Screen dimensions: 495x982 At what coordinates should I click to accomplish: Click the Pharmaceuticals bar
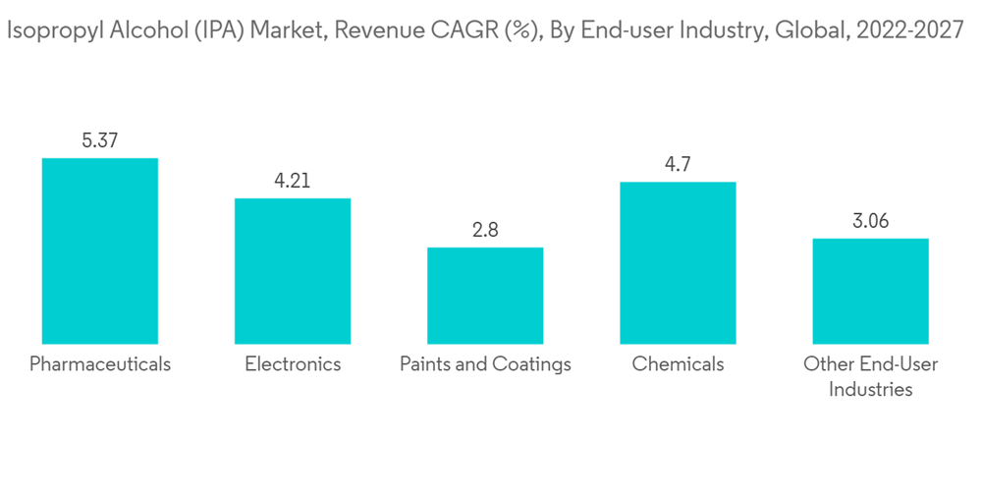click(99, 250)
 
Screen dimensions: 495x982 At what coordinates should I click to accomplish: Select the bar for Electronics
click(292, 271)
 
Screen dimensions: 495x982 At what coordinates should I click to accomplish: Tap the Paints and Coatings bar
click(485, 296)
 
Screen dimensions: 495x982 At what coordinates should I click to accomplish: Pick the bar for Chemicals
click(678, 263)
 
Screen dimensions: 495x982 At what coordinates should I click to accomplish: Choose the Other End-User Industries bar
click(870, 291)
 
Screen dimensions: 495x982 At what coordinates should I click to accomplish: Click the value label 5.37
click(99, 140)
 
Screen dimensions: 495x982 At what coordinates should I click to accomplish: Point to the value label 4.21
click(292, 181)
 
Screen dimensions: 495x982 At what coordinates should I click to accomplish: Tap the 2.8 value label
click(485, 230)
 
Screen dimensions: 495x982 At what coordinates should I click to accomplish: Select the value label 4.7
click(678, 164)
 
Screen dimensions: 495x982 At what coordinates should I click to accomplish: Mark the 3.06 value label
click(870, 221)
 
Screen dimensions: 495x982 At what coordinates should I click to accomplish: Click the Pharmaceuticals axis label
click(99, 364)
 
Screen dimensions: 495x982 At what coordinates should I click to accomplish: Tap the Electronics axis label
click(293, 364)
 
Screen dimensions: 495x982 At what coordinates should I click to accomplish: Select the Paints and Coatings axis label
click(485, 364)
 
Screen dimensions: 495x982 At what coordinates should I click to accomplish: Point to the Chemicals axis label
click(678, 364)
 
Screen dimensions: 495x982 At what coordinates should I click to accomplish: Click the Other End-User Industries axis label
click(870, 376)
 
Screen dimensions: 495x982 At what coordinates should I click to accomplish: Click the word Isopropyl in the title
click(46, 31)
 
